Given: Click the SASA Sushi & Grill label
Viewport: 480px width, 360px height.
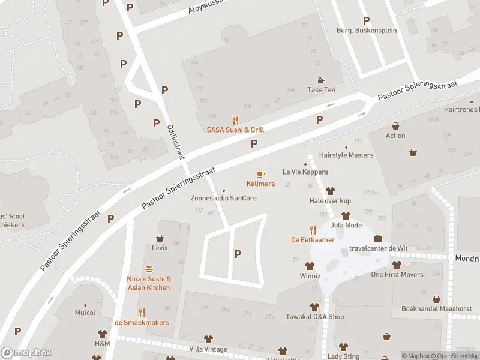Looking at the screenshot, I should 235,130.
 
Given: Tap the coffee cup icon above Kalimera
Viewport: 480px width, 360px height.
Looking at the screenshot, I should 260,174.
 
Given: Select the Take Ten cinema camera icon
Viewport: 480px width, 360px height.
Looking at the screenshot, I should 322,80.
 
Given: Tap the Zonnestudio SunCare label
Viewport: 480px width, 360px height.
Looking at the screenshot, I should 224,198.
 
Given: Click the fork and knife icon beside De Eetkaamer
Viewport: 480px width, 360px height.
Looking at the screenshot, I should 313,230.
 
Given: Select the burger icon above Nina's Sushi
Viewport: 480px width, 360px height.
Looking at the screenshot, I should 149,269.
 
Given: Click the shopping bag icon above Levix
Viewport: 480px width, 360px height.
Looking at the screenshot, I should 160,238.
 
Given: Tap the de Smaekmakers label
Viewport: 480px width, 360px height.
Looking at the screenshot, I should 142,323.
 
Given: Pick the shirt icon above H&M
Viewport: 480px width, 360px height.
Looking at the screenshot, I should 102,334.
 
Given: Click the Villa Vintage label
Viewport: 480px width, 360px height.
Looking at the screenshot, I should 208,349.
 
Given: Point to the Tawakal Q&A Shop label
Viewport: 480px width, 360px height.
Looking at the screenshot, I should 314,317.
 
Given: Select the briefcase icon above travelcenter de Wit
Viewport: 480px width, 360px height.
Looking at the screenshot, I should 378,238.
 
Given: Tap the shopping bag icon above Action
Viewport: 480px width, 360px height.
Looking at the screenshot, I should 395,126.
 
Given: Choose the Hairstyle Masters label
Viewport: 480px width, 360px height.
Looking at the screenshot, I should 346,155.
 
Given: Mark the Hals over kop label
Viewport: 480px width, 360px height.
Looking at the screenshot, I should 330,201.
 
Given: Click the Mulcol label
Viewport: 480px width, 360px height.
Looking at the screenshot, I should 85,313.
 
